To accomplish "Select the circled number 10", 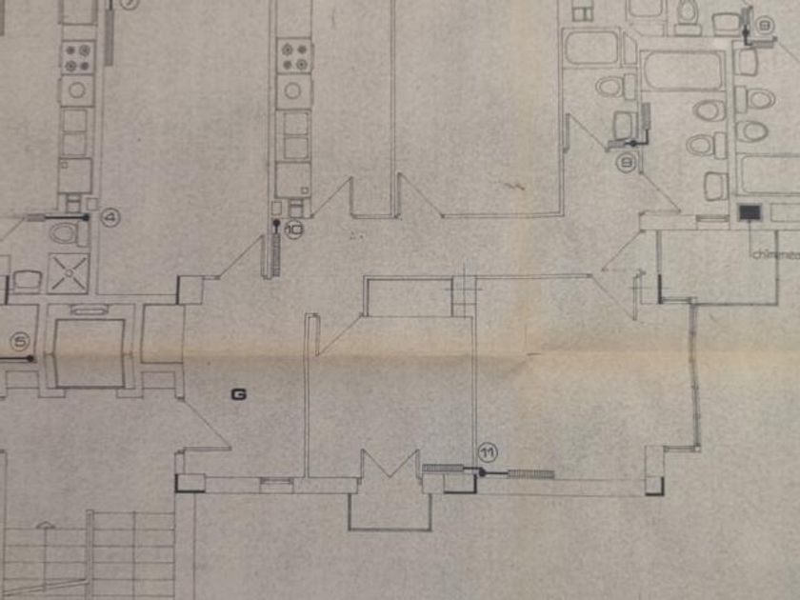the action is click(291, 229).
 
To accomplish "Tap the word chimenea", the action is click(774, 254).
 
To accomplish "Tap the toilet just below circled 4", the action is click(66, 233).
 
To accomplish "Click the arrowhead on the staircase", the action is click(41, 525).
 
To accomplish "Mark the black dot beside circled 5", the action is click(30, 358).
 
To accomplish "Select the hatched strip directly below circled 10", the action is click(277, 254).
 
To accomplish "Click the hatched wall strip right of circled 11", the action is click(530, 473).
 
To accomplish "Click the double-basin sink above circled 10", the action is click(295, 134).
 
